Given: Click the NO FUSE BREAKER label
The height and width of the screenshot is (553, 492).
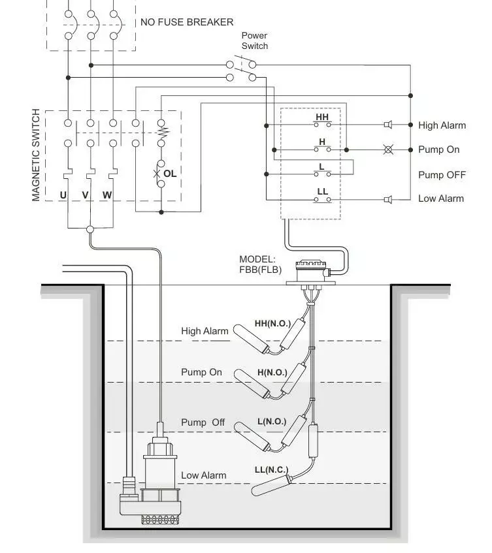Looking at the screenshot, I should pos(187,22).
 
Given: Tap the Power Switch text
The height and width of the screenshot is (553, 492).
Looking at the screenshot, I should pos(255,41).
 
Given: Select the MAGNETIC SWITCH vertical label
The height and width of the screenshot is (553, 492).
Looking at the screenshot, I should pos(36,155).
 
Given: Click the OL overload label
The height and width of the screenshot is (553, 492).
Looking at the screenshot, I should pos(170,174).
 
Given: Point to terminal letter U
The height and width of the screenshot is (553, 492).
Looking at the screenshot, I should pos(63,195).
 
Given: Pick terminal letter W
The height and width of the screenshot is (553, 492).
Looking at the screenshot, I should pos(107,195).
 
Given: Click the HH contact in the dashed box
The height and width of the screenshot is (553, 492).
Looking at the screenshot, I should pos(322,121).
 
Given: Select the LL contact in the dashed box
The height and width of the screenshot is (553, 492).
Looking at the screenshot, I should pos(322,195).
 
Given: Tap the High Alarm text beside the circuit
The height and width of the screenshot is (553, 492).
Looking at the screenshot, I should pos(442,125).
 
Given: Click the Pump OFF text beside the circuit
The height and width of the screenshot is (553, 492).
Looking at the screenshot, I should pos(442,175).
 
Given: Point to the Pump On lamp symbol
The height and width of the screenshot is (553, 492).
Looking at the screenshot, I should pos(388,150).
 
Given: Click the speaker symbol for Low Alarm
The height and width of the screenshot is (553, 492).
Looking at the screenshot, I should pos(387,198).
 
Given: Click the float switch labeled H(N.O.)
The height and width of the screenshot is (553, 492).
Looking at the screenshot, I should pos(252,385).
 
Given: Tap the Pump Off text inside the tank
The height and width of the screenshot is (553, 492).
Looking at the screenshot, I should pos(203,422).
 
